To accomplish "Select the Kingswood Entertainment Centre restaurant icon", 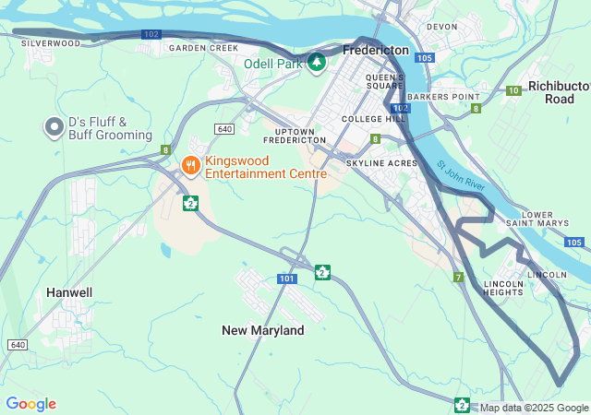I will [x=190, y=165].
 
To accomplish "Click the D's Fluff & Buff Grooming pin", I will [x=54, y=127].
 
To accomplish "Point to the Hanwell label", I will [x=69, y=292].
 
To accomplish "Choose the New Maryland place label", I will [x=263, y=330].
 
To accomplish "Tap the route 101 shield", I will [x=287, y=279].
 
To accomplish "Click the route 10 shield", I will [x=513, y=89].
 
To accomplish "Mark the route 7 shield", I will [x=457, y=277].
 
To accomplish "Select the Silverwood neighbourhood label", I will [x=50, y=43].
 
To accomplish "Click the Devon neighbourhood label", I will [x=441, y=27].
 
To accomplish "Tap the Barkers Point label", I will [x=443, y=97].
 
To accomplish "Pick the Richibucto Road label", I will [x=559, y=92].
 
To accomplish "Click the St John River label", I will [x=461, y=178].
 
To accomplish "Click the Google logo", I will [x=30, y=404].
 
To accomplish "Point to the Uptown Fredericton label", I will [x=295, y=135].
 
